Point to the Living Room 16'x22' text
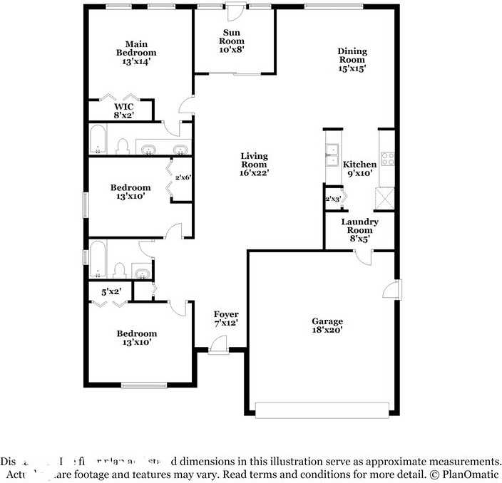pos(254,164)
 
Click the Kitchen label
pos(359,168)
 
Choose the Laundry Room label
pos(359,230)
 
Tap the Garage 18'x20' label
pos(327,326)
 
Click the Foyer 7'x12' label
pos(226,318)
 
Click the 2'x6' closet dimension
pos(183,178)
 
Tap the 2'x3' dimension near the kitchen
pos(332,199)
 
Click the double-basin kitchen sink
pos(332,155)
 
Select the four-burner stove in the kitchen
pos(387,159)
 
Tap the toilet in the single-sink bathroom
pos(121,270)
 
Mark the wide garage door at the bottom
pos(322,410)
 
